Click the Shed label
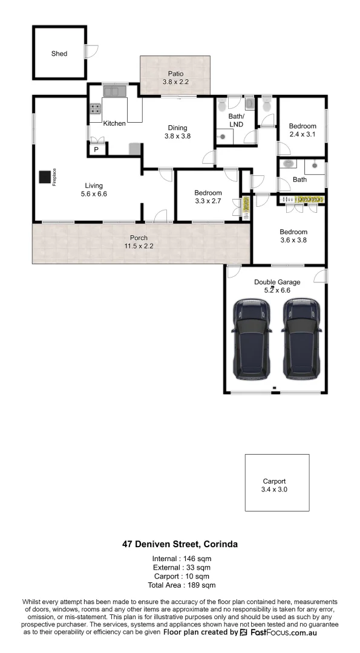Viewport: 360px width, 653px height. tap(59, 54)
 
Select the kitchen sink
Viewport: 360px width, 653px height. tap(113, 91)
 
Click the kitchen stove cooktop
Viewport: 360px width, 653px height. tap(96, 109)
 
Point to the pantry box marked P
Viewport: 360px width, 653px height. tap(96, 149)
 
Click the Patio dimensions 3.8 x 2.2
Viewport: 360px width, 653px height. tap(175, 82)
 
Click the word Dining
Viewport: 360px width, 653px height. tap(177, 128)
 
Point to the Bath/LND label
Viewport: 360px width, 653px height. tap(236, 120)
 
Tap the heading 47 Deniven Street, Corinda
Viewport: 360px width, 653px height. tap(180, 544)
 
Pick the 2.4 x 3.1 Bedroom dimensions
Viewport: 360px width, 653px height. tap(303, 134)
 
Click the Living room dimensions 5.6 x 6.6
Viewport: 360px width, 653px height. tap(93, 194)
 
